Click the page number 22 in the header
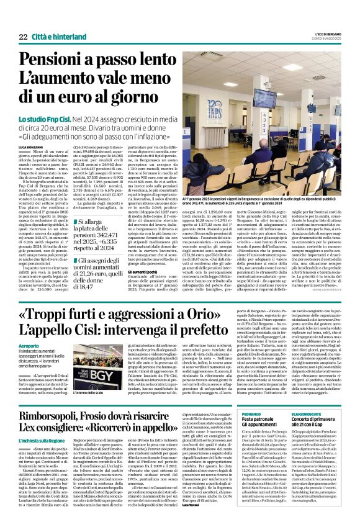coord(22,37)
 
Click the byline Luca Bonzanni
coord(32,146)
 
